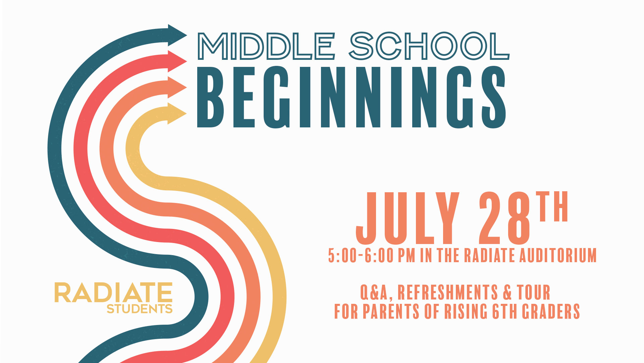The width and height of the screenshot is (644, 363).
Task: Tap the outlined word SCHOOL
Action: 429,46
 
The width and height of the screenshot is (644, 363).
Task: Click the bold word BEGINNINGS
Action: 351,97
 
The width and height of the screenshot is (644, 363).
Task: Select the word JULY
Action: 408,218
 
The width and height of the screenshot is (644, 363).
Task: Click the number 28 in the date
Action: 505,218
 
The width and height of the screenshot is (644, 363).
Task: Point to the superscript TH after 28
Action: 552,206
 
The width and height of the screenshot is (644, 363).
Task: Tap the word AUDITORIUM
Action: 558,255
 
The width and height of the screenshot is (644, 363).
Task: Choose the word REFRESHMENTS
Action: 448,292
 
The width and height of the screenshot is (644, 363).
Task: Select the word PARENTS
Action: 391,311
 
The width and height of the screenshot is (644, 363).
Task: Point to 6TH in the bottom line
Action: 505,311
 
